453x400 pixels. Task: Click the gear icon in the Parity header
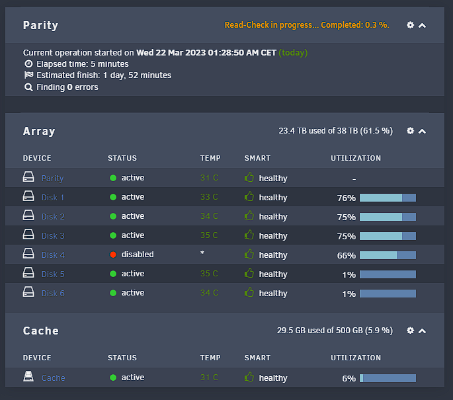pyautogui.click(x=410, y=25)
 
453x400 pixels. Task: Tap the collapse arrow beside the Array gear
pyautogui.click(x=422, y=132)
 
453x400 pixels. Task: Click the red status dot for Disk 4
pyautogui.click(x=113, y=255)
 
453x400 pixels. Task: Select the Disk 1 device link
pyautogui.click(x=53, y=198)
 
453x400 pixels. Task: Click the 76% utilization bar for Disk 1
pyautogui.click(x=388, y=198)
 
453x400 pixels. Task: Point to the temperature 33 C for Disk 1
pyautogui.click(x=209, y=197)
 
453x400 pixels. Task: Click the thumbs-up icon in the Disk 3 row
pyautogui.click(x=249, y=235)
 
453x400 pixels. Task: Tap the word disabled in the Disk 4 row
pyautogui.click(x=138, y=255)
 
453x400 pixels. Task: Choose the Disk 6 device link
pyautogui.click(x=53, y=294)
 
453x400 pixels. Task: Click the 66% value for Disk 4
pyautogui.click(x=346, y=256)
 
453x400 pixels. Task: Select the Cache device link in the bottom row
pyautogui.click(x=53, y=378)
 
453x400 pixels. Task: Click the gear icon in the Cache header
pyautogui.click(x=410, y=331)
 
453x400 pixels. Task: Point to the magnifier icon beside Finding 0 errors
pyautogui.click(x=28, y=87)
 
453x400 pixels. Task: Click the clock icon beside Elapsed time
pyautogui.click(x=28, y=63)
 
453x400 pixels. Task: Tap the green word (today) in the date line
pyautogui.click(x=293, y=53)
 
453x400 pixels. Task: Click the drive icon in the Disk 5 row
pyautogui.click(x=28, y=272)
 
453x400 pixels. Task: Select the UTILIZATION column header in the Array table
pyautogui.click(x=356, y=158)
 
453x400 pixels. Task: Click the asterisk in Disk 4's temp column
pyautogui.click(x=202, y=253)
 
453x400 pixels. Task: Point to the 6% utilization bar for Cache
pyautogui.click(x=388, y=378)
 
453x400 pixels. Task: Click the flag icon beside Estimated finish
pyautogui.click(x=28, y=75)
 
